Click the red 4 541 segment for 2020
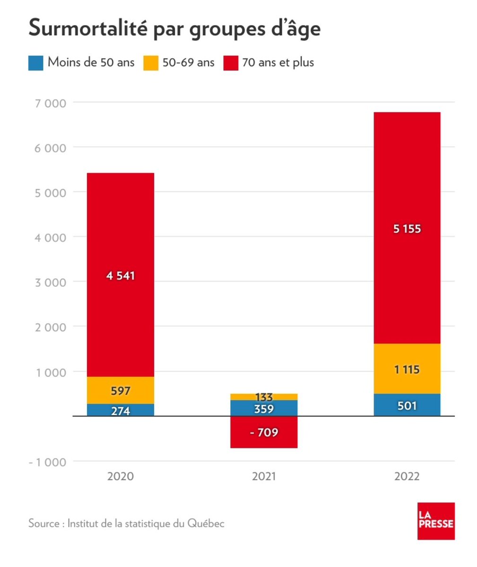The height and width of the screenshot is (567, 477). [x=121, y=275]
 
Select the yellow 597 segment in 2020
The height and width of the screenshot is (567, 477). [x=121, y=390]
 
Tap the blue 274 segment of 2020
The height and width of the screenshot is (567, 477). [x=121, y=410]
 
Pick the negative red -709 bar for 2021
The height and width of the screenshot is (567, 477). [x=264, y=432]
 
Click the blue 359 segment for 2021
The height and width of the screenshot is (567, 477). [x=264, y=408]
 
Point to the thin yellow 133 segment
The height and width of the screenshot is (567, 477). [x=264, y=397]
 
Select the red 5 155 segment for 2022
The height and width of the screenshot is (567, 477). [x=407, y=228]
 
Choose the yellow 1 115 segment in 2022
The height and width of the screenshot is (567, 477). [x=407, y=369]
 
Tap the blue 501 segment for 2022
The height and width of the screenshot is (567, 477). [x=407, y=404]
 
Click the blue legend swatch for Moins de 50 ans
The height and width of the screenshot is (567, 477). [x=35, y=63]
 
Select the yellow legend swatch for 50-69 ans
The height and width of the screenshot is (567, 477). [x=151, y=63]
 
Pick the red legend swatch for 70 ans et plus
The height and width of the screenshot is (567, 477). [x=231, y=63]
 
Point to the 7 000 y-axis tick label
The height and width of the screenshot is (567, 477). [x=51, y=103]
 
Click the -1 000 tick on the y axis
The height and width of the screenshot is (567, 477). [x=48, y=462]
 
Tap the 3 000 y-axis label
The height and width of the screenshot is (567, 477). [x=51, y=283]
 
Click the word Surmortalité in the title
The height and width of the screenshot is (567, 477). [x=88, y=28]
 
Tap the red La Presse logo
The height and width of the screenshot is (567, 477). [x=436, y=521]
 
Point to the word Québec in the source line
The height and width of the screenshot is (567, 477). [x=206, y=524]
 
